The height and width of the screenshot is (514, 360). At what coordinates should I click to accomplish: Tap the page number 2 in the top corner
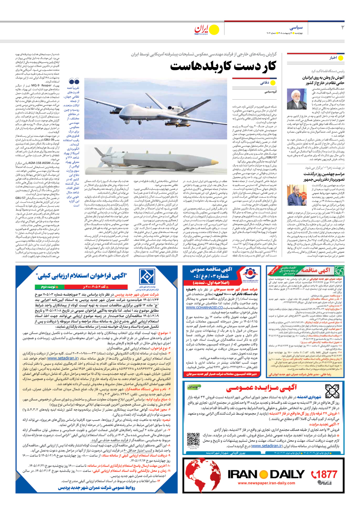[342, 27]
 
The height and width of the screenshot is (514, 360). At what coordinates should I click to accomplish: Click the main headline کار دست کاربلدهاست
[223, 67]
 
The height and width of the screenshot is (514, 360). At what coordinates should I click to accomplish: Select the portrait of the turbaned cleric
[297, 99]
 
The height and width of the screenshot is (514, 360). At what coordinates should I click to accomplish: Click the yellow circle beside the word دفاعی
[273, 83]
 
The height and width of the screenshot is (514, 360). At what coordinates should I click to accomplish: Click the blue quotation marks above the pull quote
[74, 82]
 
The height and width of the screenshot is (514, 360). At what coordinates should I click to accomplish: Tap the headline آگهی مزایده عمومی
[261, 388]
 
